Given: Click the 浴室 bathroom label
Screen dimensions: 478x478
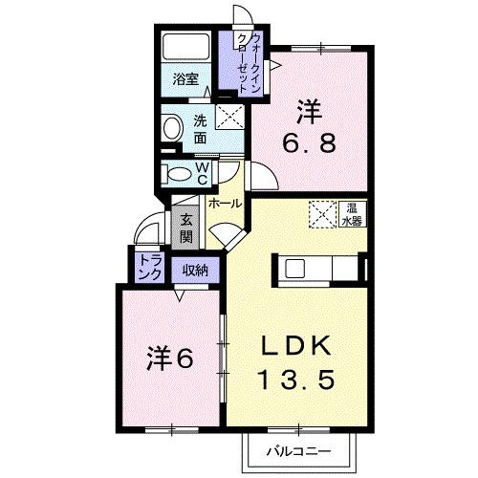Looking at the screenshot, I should [185, 81].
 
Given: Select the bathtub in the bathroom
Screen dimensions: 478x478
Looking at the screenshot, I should [185, 48].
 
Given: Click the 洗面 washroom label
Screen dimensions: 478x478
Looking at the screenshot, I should [201, 129].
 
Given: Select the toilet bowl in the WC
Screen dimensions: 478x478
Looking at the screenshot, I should [178, 174].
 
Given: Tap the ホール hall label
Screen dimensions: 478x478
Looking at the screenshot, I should [224, 204].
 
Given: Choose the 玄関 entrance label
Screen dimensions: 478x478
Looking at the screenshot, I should [186, 228].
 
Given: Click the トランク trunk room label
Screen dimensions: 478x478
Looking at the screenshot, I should [149, 266].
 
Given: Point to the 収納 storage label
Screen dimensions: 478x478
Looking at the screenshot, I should [195, 270].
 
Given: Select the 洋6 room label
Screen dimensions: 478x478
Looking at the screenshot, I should [170, 358].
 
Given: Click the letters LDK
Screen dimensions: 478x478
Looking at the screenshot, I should [295, 345].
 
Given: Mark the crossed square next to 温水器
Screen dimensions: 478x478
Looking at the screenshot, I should [321, 214].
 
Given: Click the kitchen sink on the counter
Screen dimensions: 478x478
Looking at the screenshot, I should [293, 268].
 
